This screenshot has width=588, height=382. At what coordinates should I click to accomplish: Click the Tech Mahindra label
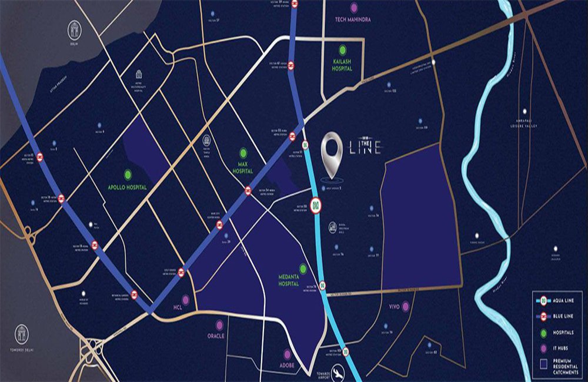tap(353, 20)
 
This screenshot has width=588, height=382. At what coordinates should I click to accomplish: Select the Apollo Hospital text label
tap(128, 187)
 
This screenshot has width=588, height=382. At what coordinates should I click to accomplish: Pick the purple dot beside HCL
tap(186, 300)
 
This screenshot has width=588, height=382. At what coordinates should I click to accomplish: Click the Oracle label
tap(216, 336)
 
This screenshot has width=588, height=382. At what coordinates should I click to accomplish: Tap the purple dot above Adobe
tap(288, 354)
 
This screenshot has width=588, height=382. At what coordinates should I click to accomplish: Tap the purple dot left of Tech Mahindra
tap(353, 8)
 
